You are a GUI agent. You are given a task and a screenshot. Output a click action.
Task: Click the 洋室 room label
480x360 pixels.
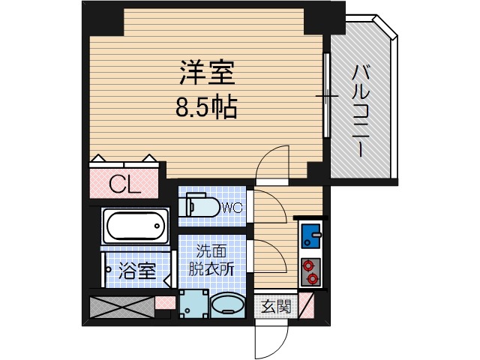pos(206,73)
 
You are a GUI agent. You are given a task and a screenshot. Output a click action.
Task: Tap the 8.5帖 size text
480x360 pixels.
pos(206,109)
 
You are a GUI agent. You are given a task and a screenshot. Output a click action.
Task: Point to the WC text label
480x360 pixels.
pos(232,208)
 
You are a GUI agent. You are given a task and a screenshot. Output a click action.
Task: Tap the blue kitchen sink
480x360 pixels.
pos(310,236)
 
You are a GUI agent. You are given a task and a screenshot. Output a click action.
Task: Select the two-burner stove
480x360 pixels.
pos(310,272)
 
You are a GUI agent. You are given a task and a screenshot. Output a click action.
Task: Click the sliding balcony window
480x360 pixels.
pos(326,95)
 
